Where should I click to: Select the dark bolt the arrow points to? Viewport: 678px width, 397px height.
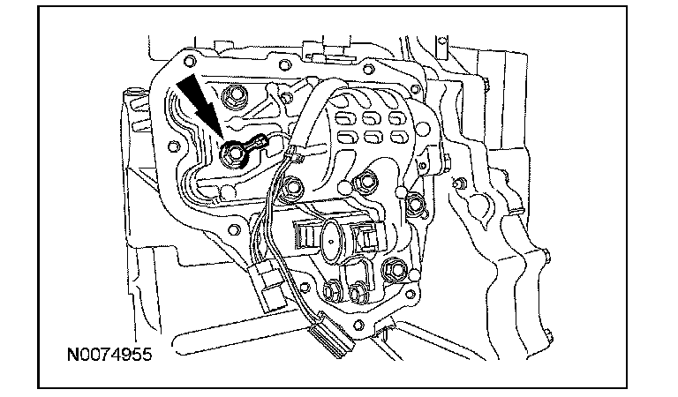[x=234, y=155]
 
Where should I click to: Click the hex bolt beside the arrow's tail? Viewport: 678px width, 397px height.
[x=237, y=98]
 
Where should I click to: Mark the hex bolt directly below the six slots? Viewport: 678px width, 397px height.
[x=361, y=183]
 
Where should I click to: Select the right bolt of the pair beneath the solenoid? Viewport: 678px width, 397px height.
[x=358, y=292]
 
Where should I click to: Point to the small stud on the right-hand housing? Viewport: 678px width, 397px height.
[x=457, y=182]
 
